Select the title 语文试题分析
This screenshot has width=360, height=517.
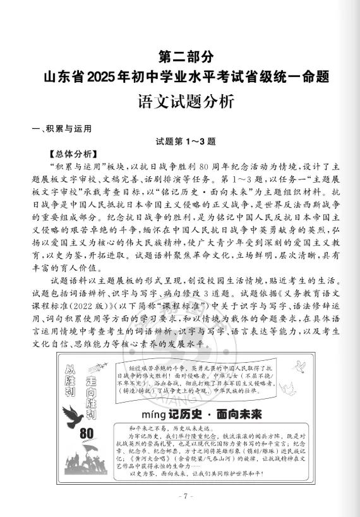click(179, 101)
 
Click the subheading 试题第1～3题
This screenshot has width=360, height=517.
click(179, 142)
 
